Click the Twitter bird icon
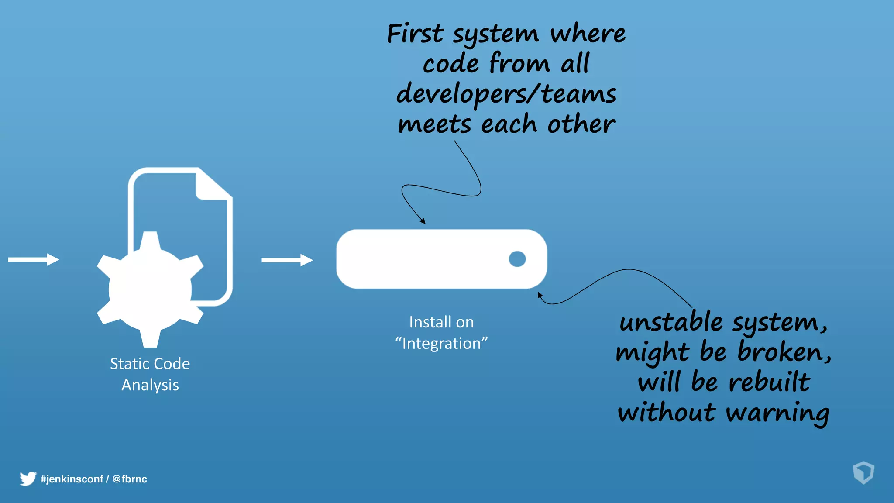28,479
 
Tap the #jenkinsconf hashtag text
72,479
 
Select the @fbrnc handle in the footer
130,479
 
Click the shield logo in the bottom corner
863,472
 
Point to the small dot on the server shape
517,259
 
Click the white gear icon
150,289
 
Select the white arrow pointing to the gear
33,260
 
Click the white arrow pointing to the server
287,260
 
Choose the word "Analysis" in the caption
150,385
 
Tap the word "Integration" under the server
441,344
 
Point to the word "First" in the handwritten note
415,34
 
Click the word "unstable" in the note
671,323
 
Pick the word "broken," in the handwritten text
784,352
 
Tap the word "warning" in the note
777,413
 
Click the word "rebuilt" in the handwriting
769,382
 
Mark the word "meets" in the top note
434,125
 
